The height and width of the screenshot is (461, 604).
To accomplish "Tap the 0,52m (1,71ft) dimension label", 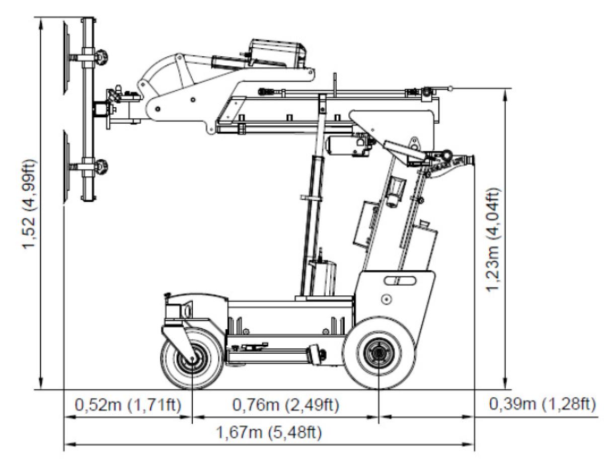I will tap(128, 404).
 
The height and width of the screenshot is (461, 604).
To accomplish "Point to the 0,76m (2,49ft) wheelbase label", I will tap(285, 404).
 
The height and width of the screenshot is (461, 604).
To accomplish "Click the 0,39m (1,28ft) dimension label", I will tap(542, 404).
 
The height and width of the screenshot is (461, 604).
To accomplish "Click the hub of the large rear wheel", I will tap(379, 354).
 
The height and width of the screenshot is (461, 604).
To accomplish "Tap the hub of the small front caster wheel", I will tap(193, 358).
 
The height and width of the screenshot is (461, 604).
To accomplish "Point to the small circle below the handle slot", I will tap(387, 299).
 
